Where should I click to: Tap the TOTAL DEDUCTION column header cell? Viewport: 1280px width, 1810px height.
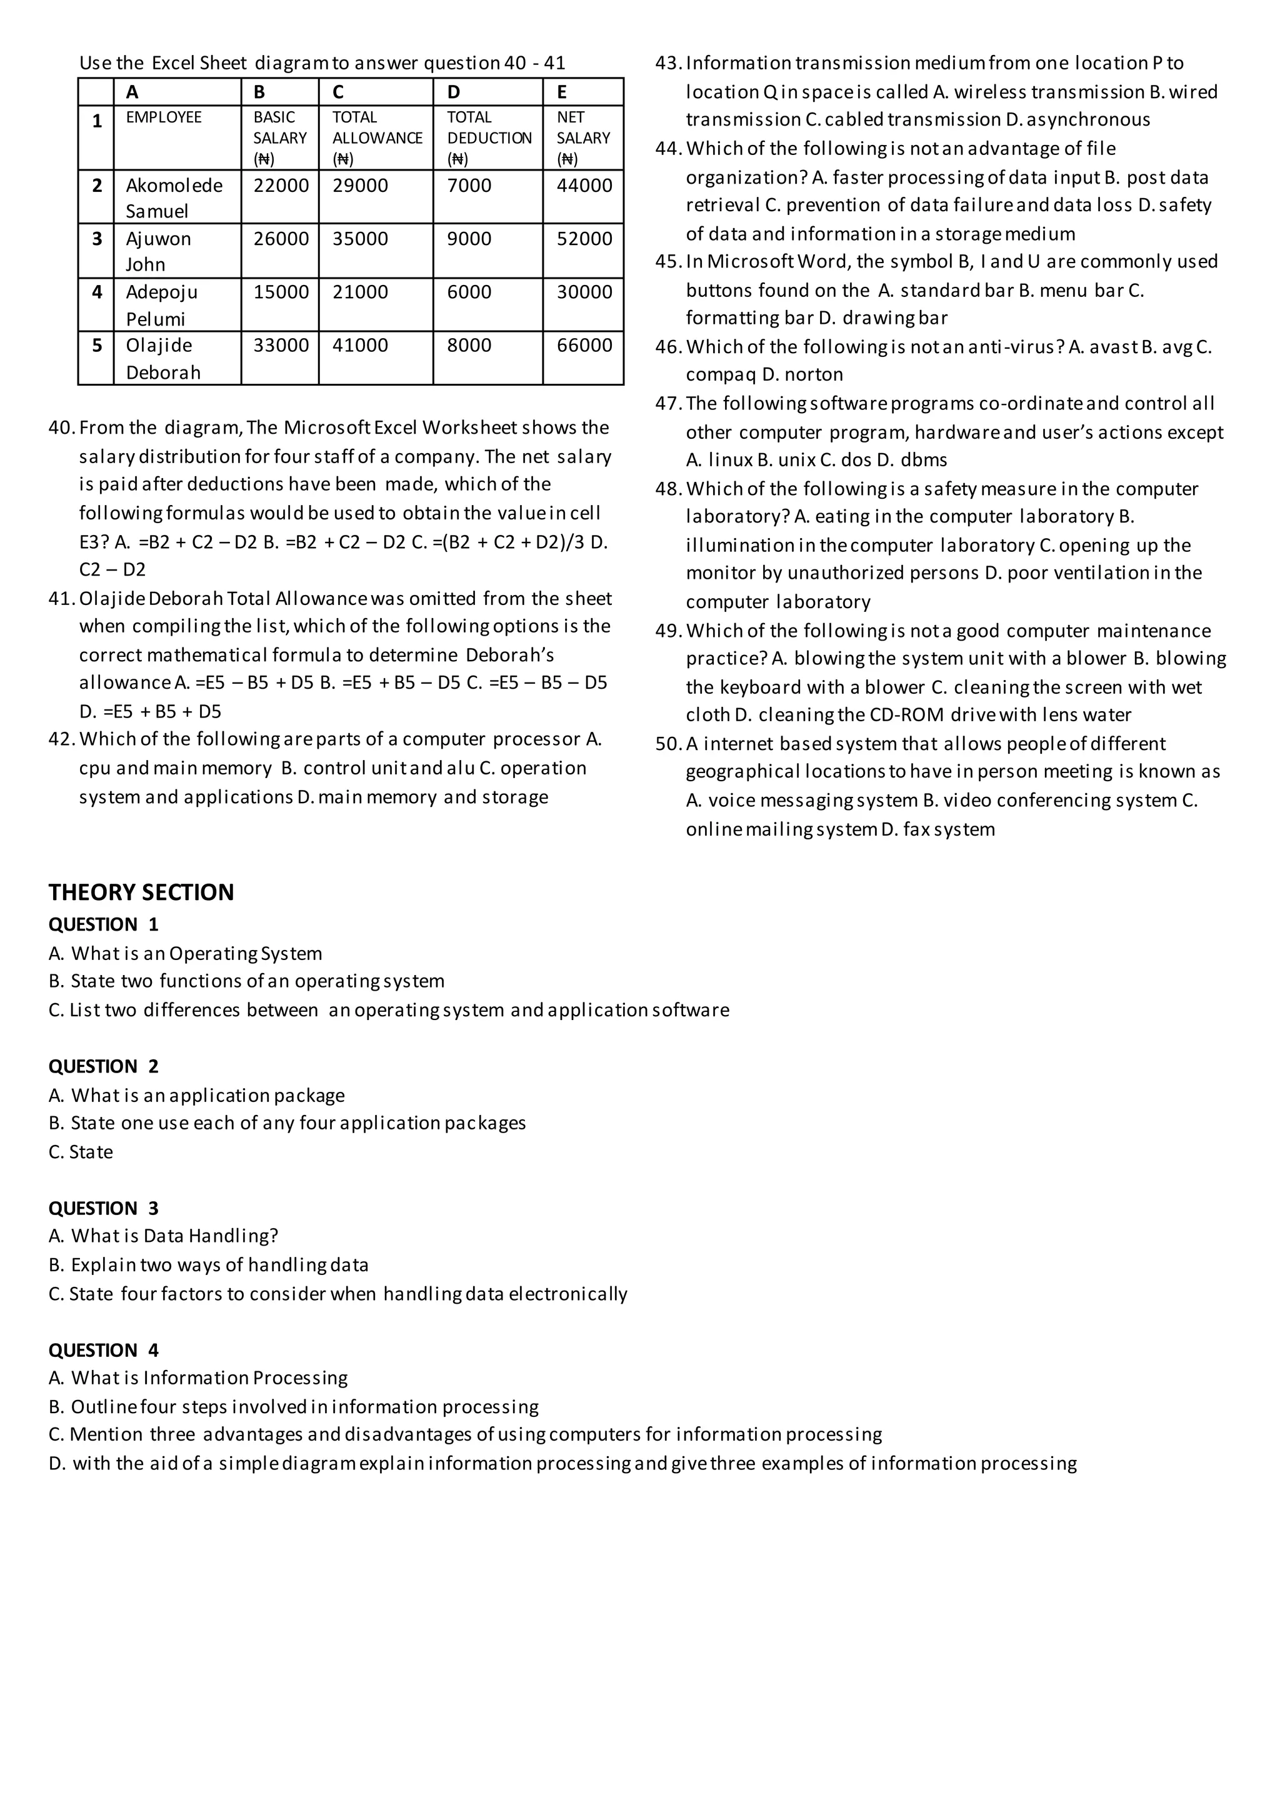pyautogui.click(x=489, y=138)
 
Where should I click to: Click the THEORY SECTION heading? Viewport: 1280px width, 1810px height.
pyautogui.click(x=141, y=892)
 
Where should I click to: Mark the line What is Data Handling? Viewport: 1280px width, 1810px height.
pyautogui.click(x=163, y=1236)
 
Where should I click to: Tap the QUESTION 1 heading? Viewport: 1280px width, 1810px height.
pyautogui.click(x=103, y=925)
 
